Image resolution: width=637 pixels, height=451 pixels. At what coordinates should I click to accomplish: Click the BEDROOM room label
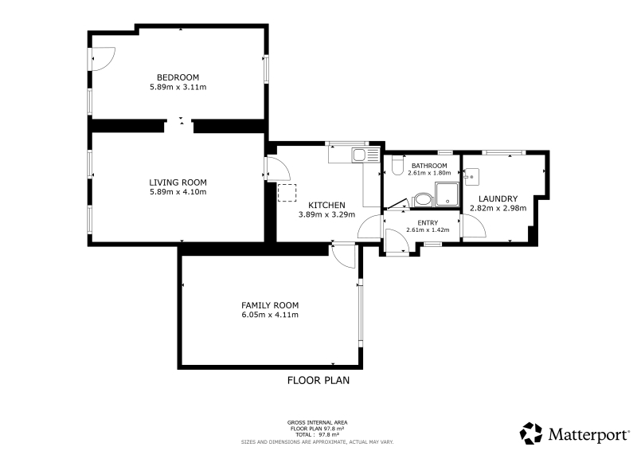point(178,77)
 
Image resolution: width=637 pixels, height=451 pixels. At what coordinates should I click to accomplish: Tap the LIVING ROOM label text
point(178,182)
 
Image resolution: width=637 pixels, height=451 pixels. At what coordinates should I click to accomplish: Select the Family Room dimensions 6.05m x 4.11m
point(270,315)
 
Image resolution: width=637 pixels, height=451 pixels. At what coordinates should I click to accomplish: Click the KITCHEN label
point(326,206)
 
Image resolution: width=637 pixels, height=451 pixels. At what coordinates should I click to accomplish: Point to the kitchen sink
point(359,155)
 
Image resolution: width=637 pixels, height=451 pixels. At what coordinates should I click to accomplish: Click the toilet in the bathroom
point(397,165)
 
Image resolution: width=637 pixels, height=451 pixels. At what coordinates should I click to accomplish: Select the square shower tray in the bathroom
point(447,194)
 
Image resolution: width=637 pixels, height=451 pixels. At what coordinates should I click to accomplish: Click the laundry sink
point(471,177)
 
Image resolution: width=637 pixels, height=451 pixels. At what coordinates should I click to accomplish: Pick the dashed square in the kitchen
point(287,193)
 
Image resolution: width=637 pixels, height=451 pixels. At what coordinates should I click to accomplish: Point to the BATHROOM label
point(429,166)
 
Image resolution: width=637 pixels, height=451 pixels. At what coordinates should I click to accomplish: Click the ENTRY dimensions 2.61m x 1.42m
point(428,229)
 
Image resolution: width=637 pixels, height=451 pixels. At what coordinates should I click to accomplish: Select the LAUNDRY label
point(498,199)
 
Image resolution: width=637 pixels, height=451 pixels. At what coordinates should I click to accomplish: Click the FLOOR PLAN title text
point(318,380)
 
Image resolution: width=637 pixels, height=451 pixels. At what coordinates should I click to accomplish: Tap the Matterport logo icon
point(531,433)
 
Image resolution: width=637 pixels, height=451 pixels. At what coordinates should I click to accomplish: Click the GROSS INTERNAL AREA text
point(317,422)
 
